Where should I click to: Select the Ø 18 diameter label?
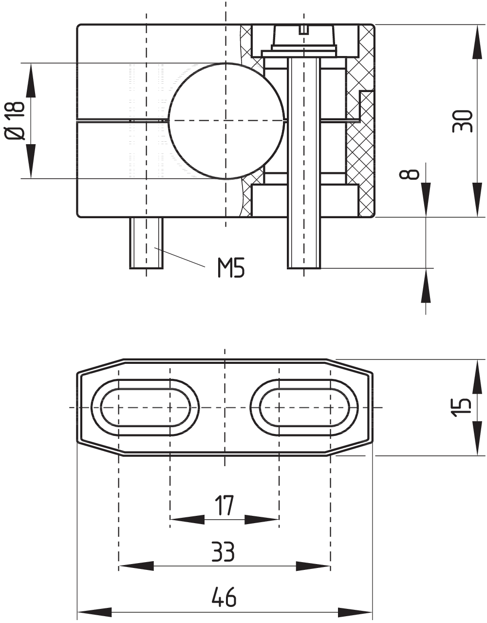pyautogui.click(x=16, y=120)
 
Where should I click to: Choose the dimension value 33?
pyautogui.click(x=224, y=551)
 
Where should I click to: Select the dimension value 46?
pyautogui.click(x=224, y=597)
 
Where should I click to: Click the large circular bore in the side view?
pyautogui.click(x=227, y=120)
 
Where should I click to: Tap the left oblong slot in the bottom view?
pyautogui.click(x=145, y=407)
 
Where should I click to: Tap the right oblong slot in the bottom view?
pyautogui.click(x=304, y=407)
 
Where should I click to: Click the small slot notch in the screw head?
pyautogui.click(x=304, y=30)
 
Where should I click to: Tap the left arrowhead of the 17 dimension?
pyautogui.click(x=187, y=520)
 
